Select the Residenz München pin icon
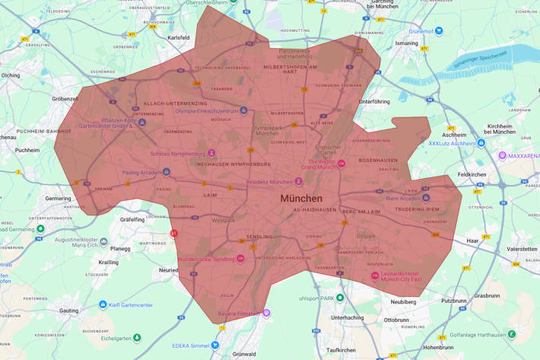298,181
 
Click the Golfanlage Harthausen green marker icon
512,333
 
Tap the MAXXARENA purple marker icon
502,155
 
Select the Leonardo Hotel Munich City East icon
374,276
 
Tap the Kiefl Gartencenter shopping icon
103,304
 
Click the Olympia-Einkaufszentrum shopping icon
243,110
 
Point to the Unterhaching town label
348,317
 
